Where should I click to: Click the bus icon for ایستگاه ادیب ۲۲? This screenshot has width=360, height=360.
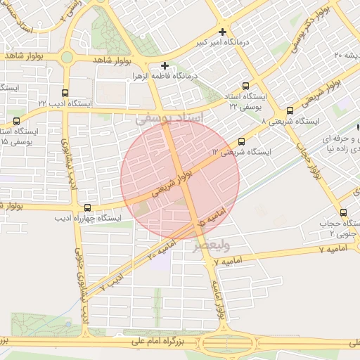[65, 93]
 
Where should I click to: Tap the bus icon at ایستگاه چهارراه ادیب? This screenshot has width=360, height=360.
[87, 207]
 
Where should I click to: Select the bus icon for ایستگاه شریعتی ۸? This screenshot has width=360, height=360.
[290, 110]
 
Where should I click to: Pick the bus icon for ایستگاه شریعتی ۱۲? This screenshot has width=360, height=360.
[242, 141]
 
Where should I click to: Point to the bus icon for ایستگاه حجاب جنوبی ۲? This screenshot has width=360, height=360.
[343, 212]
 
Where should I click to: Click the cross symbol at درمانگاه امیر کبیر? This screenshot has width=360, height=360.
[223, 32]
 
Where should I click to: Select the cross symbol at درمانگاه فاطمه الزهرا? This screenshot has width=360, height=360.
[165, 65]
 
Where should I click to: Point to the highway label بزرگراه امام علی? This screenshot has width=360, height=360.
[160, 341]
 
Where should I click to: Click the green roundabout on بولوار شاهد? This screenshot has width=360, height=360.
[67, 57]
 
